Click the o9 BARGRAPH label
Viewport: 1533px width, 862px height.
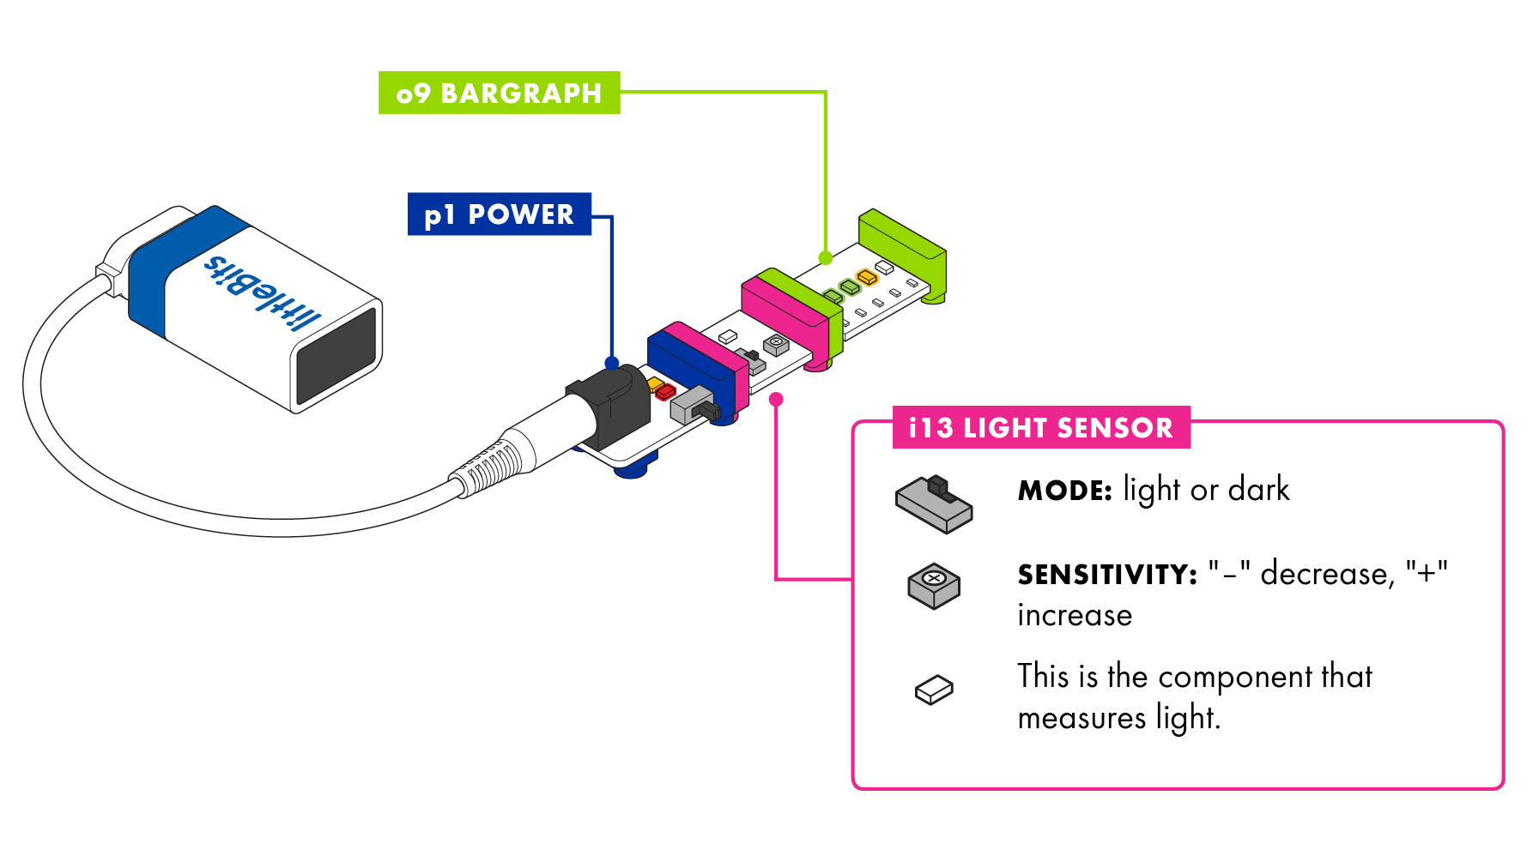(x=499, y=93)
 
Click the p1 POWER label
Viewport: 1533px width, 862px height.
(x=499, y=214)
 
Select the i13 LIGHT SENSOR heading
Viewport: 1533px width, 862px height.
(x=1040, y=427)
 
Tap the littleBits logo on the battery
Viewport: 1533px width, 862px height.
(x=262, y=292)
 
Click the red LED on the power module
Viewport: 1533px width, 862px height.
(x=665, y=393)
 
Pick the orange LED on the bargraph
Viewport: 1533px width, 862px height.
(x=867, y=277)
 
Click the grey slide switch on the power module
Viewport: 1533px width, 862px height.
(x=692, y=404)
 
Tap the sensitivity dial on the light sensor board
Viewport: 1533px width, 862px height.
(x=776, y=344)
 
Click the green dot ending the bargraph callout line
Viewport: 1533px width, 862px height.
(x=825, y=257)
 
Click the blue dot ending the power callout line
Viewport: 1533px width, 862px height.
(x=611, y=362)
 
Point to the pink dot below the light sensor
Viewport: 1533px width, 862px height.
(x=776, y=399)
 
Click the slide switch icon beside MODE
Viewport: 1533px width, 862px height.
(x=934, y=504)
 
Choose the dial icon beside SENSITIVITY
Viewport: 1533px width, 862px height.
(x=934, y=586)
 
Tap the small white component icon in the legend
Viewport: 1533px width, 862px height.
(x=934, y=690)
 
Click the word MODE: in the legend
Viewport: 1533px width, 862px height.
(x=1064, y=491)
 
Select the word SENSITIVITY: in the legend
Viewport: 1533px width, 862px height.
(x=1106, y=574)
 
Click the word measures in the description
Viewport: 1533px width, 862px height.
(x=1081, y=718)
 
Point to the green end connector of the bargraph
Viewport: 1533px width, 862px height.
(x=903, y=249)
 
